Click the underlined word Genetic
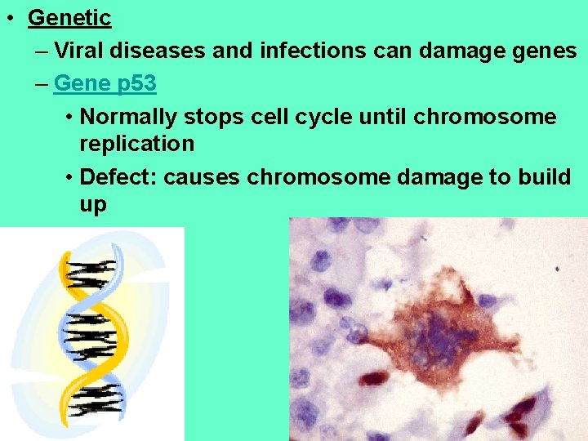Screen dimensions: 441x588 pos(69,17)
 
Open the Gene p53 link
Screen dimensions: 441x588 pos(105,82)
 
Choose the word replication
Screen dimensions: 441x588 pos(136,145)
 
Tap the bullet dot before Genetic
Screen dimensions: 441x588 pos(8,18)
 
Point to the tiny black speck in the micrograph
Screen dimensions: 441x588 pos(557,269)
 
